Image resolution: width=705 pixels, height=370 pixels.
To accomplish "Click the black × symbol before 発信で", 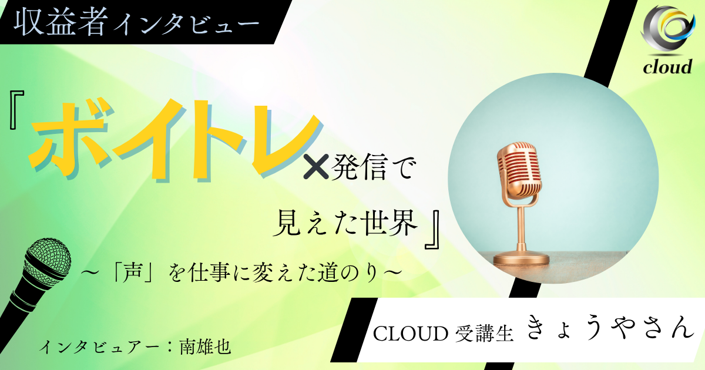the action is [316, 166].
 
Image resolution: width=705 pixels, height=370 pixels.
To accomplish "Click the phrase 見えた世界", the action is [345, 223].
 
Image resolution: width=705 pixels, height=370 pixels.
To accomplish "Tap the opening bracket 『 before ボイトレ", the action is [17, 110].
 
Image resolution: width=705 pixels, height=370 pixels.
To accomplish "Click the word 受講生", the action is [485, 333].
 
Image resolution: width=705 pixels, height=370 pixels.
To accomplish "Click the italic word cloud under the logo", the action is [667, 67].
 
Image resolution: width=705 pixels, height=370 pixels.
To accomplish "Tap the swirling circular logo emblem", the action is [668, 31].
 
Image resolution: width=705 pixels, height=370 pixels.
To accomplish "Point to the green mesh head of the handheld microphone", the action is [49, 257].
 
